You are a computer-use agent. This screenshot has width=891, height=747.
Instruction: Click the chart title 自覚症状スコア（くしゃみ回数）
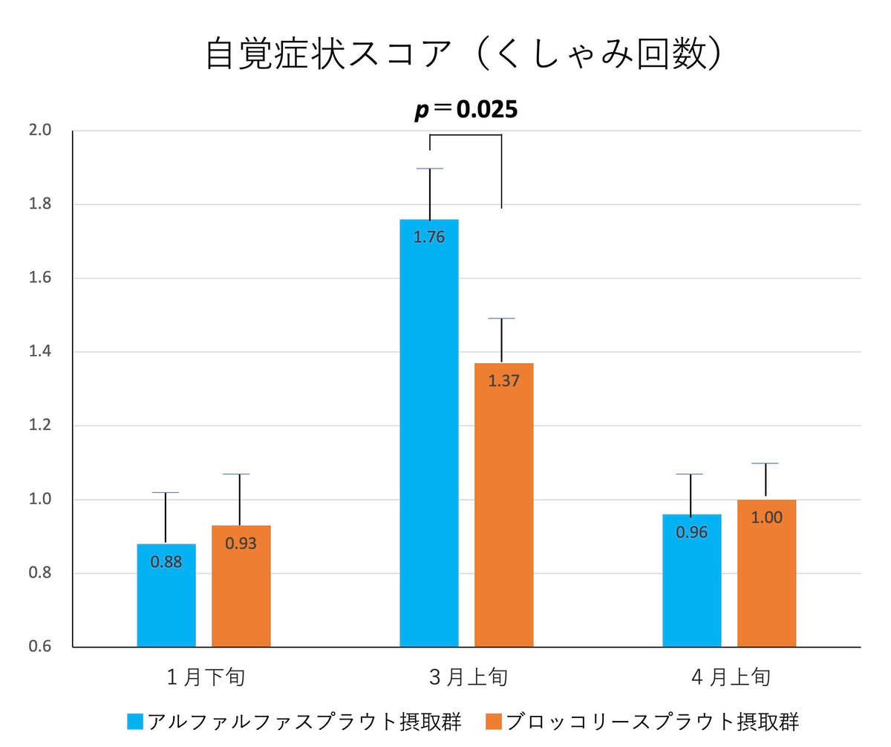[x=463, y=54]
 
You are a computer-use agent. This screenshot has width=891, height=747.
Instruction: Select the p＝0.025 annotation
[x=466, y=110]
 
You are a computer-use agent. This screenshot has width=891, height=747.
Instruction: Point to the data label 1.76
[x=429, y=238]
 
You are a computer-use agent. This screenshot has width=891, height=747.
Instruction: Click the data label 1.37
[x=503, y=381]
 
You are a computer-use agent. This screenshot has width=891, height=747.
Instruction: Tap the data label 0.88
[x=166, y=562]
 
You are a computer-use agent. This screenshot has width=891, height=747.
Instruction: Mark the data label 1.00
[x=766, y=518]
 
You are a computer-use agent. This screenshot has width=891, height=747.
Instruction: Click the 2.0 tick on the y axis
[x=40, y=131]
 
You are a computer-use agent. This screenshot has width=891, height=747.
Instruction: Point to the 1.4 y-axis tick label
[x=40, y=352]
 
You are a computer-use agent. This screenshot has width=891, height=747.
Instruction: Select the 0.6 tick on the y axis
[x=40, y=647]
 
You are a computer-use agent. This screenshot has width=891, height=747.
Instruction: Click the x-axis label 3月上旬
[x=469, y=677]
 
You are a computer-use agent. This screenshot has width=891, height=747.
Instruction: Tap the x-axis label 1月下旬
[x=206, y=677]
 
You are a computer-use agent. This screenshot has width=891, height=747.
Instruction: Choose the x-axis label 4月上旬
[x=731, y=677]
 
